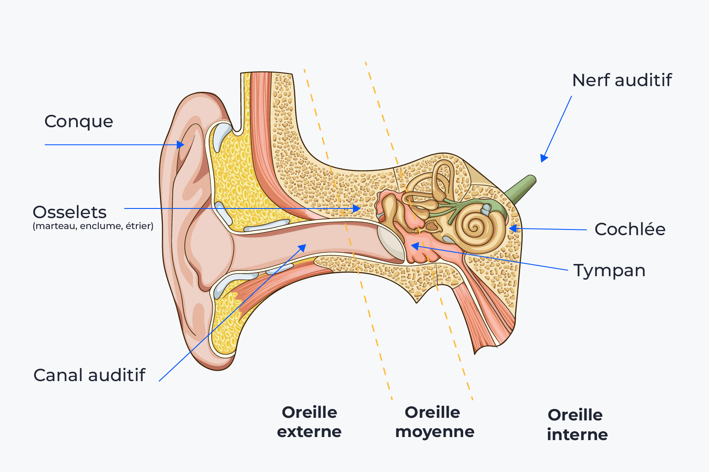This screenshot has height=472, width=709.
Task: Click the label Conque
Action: tap(79, 121)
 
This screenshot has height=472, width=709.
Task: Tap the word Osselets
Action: tap(70, 212)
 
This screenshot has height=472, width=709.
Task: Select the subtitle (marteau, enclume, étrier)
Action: tap(93, 226)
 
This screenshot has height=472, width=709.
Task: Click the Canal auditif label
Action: tap(89, 375)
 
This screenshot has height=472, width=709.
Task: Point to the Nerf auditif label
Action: tap(622, 80)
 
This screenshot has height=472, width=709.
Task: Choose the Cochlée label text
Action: tap(630, 229)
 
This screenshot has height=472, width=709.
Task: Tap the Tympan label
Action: tap(609, 271)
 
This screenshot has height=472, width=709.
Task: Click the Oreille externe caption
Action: tap(309, 422)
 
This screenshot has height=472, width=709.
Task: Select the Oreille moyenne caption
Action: tap(434, 422)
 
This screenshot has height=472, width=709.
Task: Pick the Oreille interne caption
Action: tap(577, 424)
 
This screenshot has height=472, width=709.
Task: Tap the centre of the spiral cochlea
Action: tap(474, 227)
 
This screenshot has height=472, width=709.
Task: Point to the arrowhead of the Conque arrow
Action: tap(181, 145)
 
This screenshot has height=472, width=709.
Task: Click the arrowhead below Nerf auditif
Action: tap(544, 158)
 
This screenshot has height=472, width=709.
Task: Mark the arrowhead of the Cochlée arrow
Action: tap(513, 228)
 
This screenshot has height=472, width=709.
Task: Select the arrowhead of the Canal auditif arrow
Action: tap(302, 248)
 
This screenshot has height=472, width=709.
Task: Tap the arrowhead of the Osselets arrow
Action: tap(357, 208)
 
